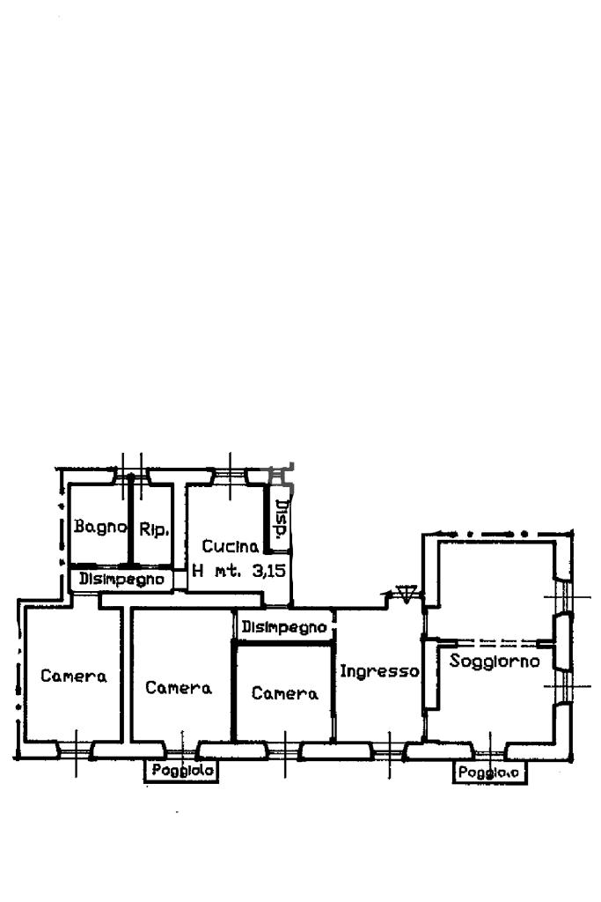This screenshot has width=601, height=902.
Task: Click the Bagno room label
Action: (x=100, y=526)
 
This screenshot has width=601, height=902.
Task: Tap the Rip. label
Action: (x=154, y=529)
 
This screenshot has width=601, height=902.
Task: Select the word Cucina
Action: (x=230, y=546)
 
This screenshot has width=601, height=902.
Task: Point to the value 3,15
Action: (x=269, y=571)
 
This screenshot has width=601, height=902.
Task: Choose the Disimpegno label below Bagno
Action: (x=121, y=579)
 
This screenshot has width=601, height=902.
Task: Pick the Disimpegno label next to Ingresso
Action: (x=284, y=626)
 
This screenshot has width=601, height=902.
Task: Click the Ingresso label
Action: (x=379, y=670)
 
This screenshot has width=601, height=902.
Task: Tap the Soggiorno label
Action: (x=495, y=661)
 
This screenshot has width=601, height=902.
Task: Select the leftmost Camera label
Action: (x=74, y=676)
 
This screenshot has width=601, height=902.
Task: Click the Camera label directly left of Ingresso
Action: (x=284, y=693)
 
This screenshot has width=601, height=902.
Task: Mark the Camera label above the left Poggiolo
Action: (x=179, y=687)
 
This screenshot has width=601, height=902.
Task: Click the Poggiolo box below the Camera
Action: (x=181, y=770)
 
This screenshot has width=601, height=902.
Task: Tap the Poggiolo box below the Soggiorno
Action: (x=489, y=772)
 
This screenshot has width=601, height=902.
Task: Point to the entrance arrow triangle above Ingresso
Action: (x=407, y=593)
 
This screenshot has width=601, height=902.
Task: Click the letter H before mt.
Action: (x=198, y=571)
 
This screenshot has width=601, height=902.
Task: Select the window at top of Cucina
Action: (x=230, y=477)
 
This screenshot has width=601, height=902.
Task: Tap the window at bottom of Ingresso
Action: (x=389, y=751)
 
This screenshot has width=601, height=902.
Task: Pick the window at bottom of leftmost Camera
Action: (x=76, y=750)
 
